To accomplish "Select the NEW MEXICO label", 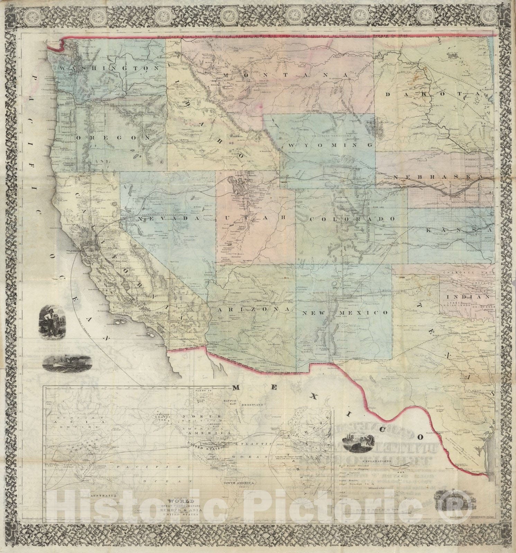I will coord(344,312).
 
